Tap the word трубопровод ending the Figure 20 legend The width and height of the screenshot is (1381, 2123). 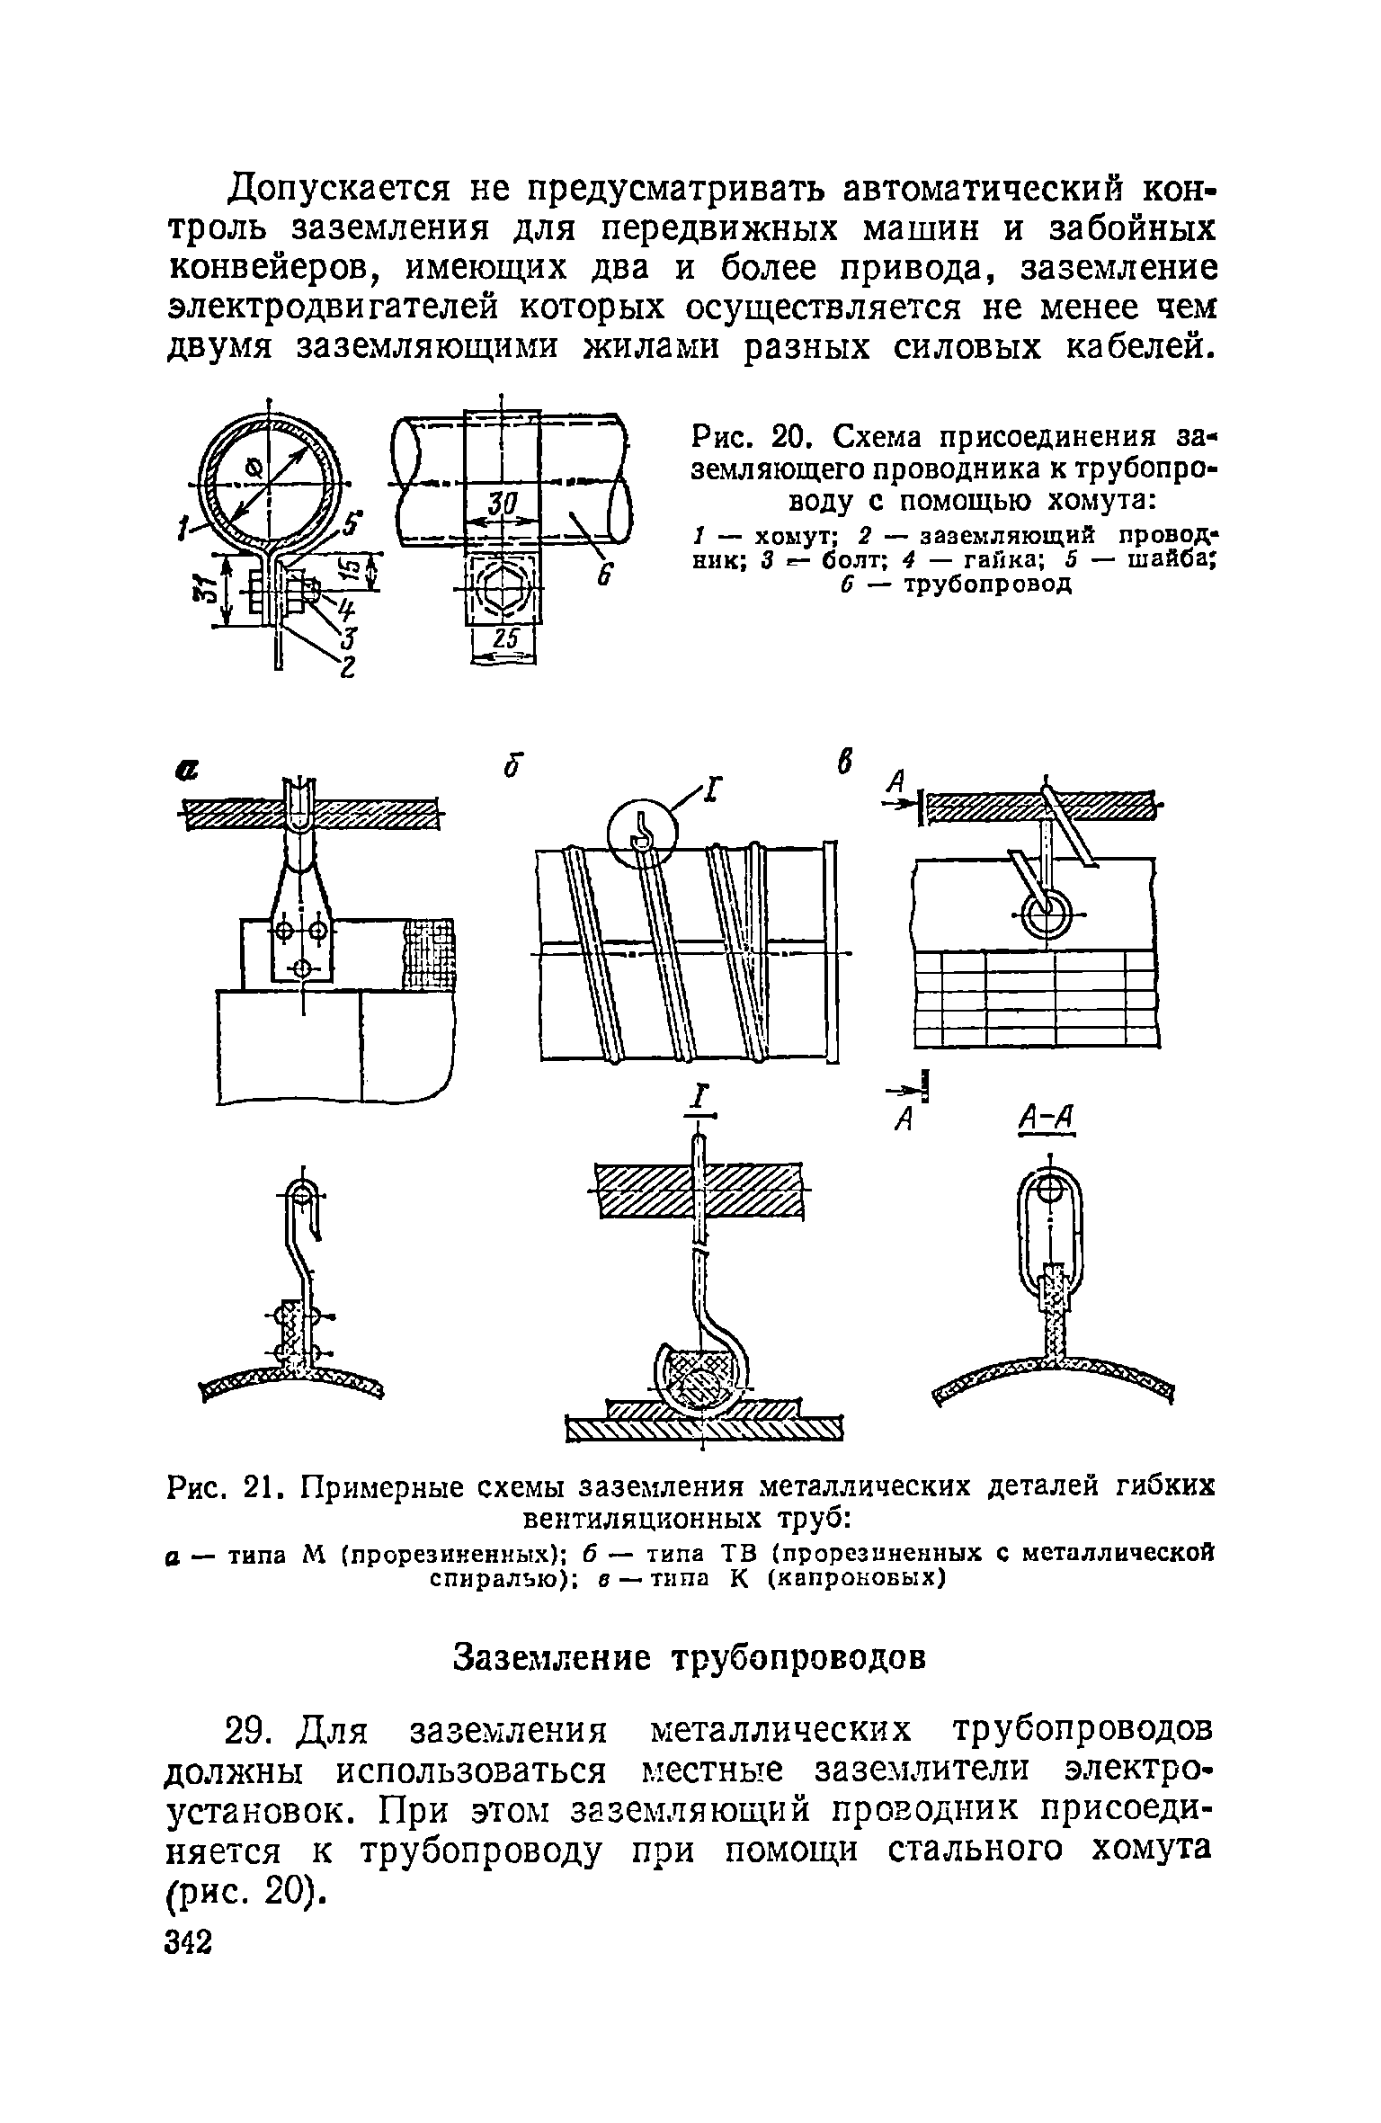pyautogui.click(x=987, y=585)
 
